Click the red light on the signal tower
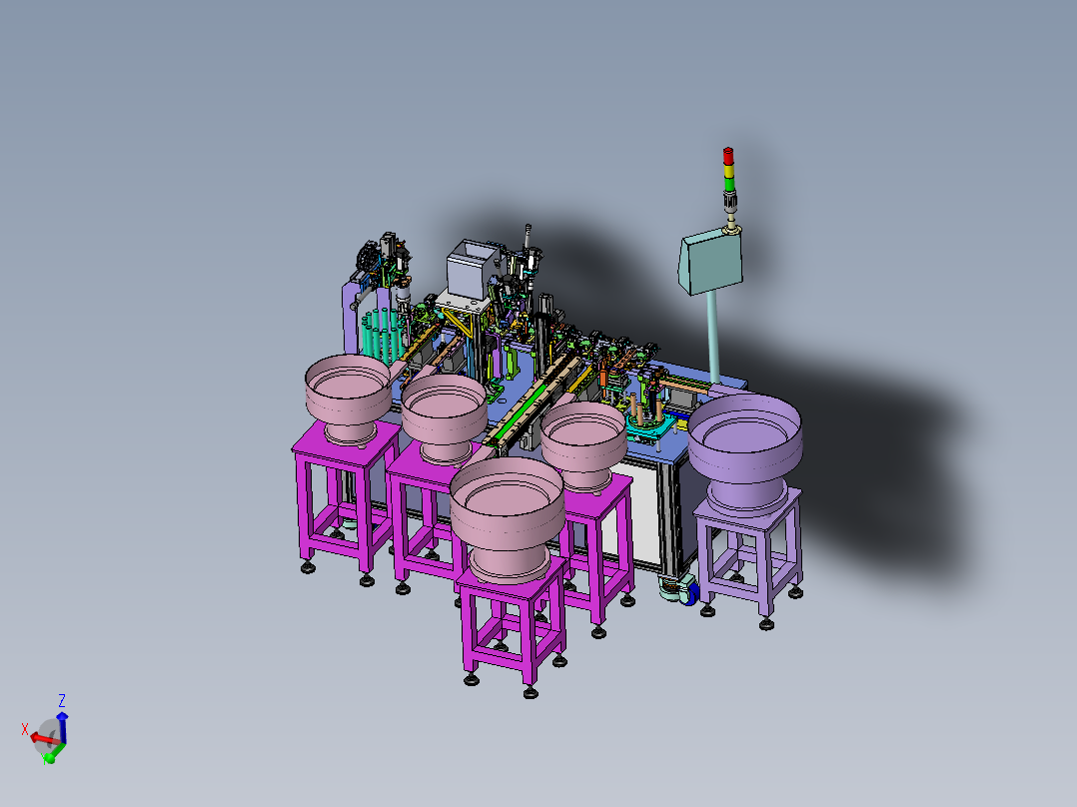tap(728, 156)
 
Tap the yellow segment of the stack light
tap(728, 170)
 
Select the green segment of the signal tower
tap(728, 184)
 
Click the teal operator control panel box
tap(711, 261)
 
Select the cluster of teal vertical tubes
tap(383, 338)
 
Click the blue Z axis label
tap(62, 700)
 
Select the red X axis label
tap(25, 728)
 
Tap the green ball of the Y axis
tap(49, 758)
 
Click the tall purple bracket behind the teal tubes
tap(351, 320)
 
